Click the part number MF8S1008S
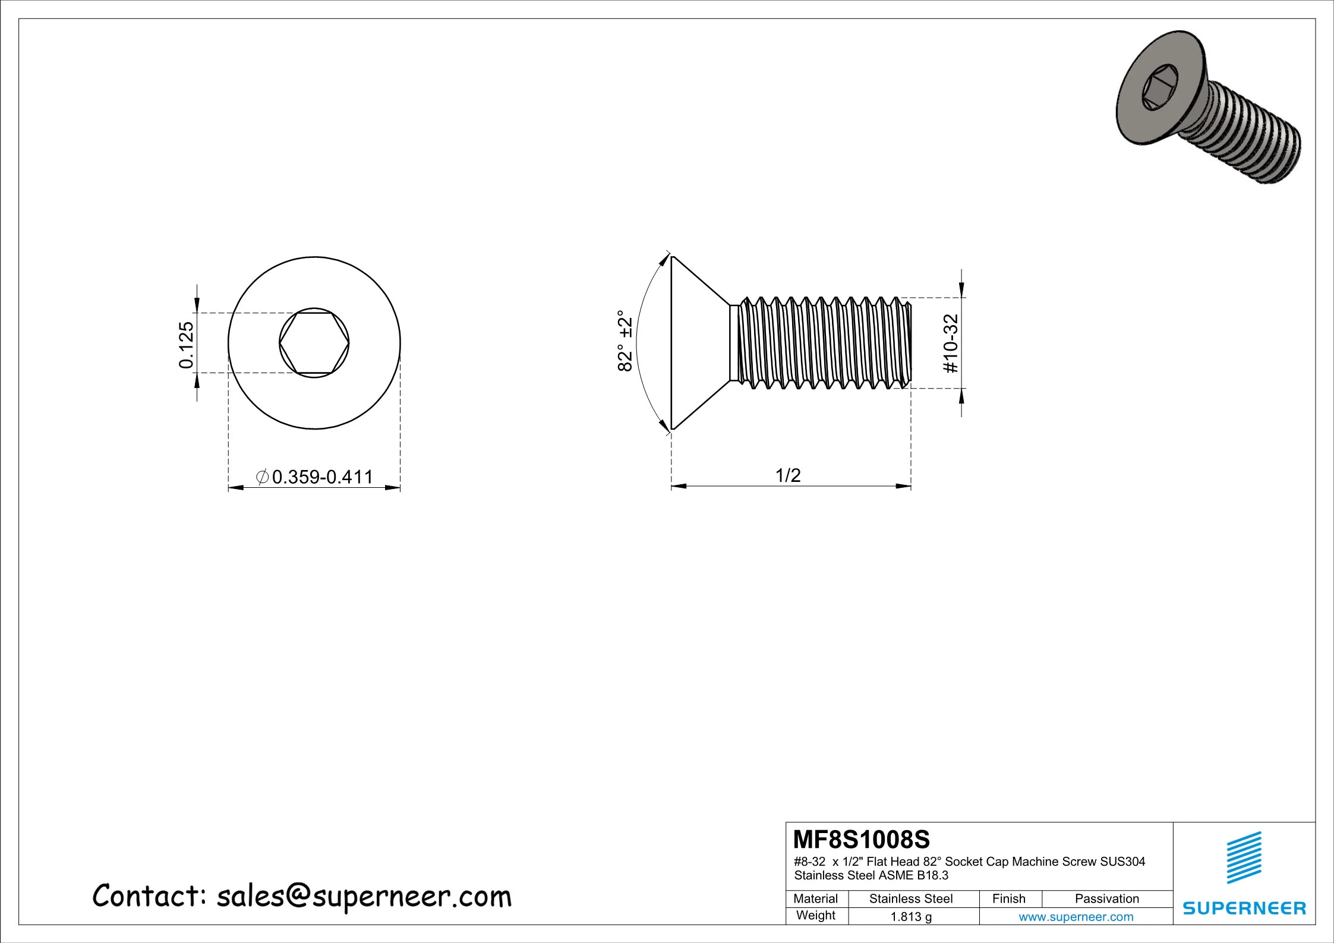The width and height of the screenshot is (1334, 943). point(861,840)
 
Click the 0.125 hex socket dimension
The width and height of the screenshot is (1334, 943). point(187,345)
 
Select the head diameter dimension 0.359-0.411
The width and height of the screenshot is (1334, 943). point(321,477)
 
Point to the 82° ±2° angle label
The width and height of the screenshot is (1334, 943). point(625,340)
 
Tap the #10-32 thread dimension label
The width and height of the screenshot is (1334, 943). point(951,343)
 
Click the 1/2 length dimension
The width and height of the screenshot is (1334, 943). point(788,475)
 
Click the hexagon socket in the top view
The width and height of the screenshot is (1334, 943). point(314,343)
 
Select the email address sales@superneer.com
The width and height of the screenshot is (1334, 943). point(364,897)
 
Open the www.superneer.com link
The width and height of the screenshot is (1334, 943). point(1076,917)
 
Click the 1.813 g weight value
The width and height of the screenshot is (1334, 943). point(910,917)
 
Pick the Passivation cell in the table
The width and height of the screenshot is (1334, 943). point(1106,899)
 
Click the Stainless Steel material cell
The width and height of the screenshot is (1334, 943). point(910,899)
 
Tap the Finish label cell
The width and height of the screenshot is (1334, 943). point(1008,899)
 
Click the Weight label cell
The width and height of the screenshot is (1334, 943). point(815,916)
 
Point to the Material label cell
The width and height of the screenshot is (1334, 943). point(815,899)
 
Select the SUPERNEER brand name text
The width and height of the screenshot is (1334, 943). point(1244,909)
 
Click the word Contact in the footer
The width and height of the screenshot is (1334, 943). point(149,895)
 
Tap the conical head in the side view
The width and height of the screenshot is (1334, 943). point(695,343)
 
